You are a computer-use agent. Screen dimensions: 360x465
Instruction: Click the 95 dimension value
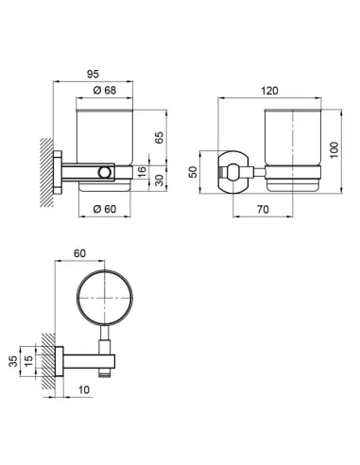[93, 74]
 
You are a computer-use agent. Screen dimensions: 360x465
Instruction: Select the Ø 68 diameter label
[105, 91]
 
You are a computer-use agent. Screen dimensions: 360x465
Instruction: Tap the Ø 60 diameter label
[105, 209]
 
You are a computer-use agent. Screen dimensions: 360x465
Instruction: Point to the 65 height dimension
[160, 138]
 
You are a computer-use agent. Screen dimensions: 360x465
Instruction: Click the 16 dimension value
[142, 172]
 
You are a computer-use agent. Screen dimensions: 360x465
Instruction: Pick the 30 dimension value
[160, 181]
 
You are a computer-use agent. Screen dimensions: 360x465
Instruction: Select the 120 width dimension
[270, 91]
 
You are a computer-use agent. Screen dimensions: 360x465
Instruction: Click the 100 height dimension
[334, 150]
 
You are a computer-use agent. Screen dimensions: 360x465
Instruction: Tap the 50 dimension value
[193, 172]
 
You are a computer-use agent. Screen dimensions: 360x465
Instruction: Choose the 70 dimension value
[263, 209]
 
